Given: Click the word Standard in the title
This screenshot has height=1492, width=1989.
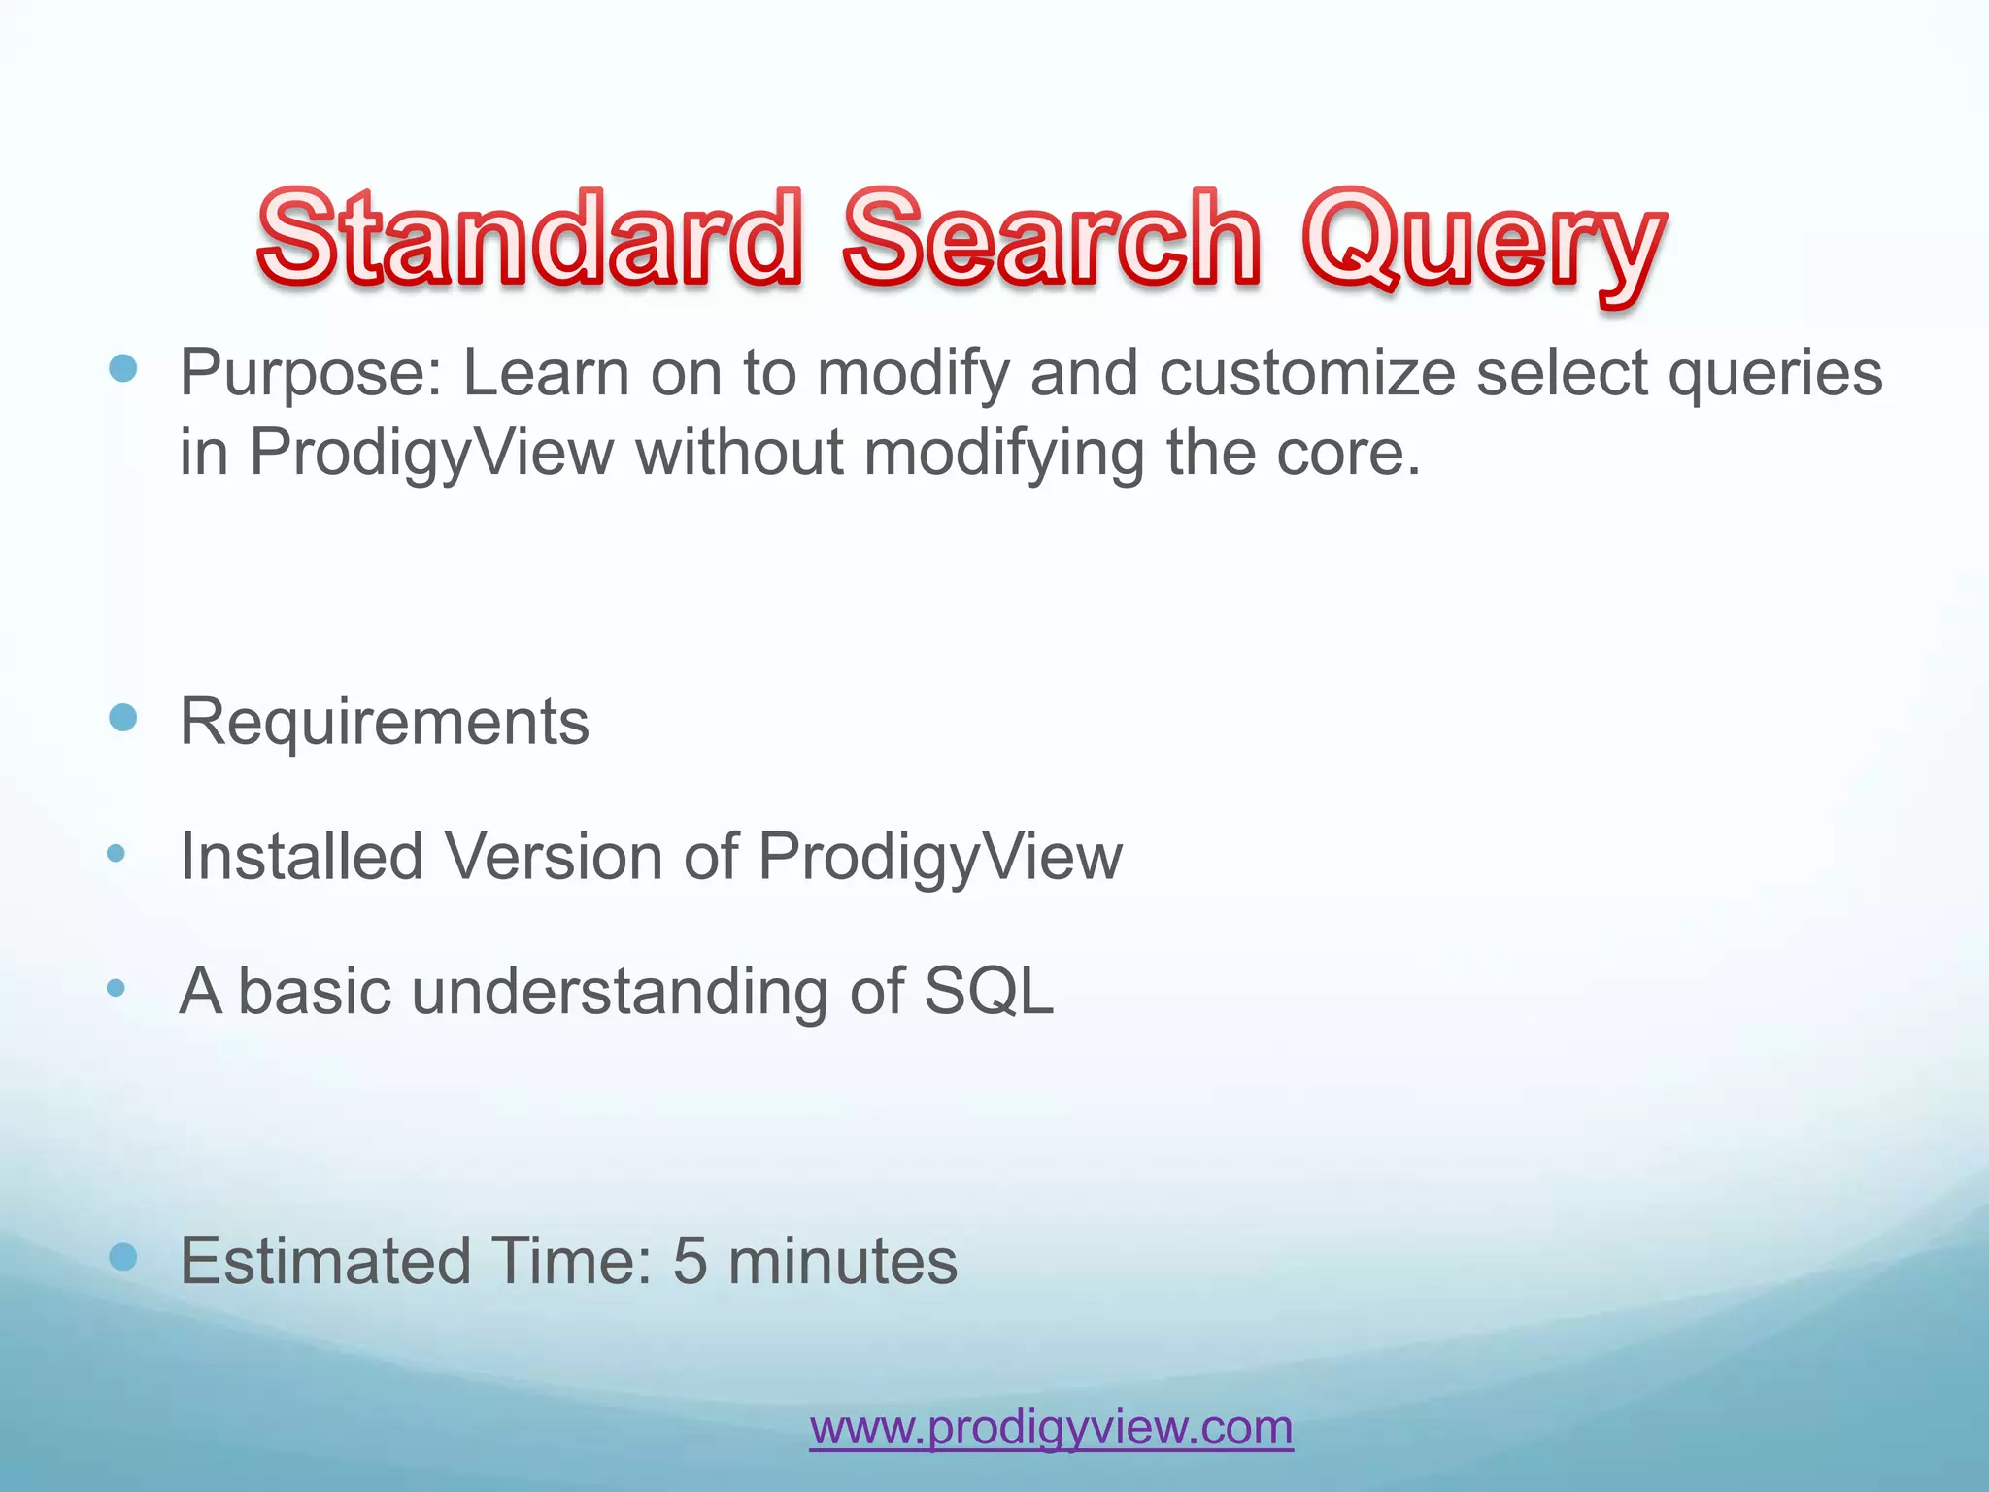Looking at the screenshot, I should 529,238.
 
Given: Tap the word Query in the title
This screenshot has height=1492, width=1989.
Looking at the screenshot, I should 1483,243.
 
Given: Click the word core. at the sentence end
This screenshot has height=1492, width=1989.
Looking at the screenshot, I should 1348,454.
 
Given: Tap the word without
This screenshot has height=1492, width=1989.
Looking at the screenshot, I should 739,454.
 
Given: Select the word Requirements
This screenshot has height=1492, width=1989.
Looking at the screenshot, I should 385,723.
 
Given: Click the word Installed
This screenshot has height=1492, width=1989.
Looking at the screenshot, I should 302,857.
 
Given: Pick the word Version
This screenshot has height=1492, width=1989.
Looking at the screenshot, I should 554,857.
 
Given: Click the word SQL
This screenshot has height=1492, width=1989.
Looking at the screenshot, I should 988,992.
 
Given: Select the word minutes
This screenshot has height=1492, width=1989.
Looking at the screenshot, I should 842,1262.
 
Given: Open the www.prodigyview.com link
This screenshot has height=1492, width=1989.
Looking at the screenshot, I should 1051,1428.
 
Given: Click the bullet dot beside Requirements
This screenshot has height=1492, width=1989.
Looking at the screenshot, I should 123,719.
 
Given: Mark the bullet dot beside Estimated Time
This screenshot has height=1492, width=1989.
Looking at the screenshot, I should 123,1258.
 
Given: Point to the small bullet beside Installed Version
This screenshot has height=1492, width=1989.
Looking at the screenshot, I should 117,854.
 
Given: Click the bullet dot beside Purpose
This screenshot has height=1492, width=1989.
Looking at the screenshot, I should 123,368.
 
